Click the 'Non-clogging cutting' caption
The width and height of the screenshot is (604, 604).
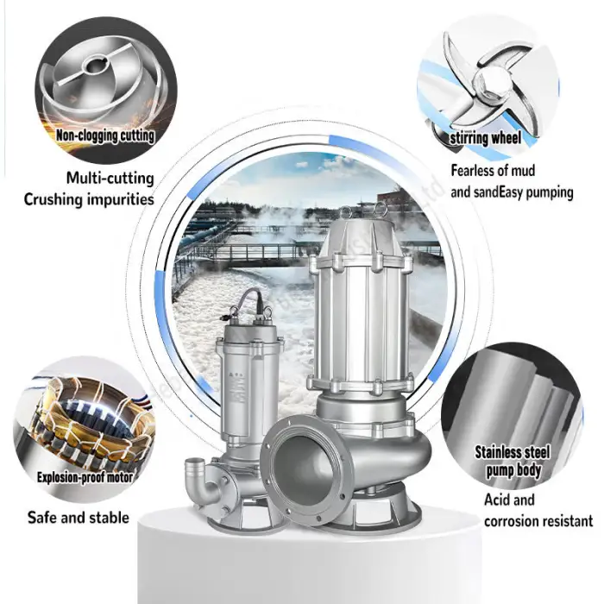[x=105, y=135]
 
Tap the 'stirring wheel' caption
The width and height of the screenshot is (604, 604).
[x=497, y=137]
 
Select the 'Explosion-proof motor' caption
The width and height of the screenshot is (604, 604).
[x=84, y=476]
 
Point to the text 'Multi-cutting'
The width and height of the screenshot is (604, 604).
[x=110, y=179]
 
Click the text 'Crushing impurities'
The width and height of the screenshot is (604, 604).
[x=89, y=199]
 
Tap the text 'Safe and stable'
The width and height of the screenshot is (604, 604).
[x=79, y=518]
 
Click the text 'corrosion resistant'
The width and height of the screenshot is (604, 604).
[x=538, y=520]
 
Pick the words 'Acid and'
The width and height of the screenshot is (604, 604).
[x=509, y=500]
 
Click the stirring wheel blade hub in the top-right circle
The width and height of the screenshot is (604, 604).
[x=488, y=82]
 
